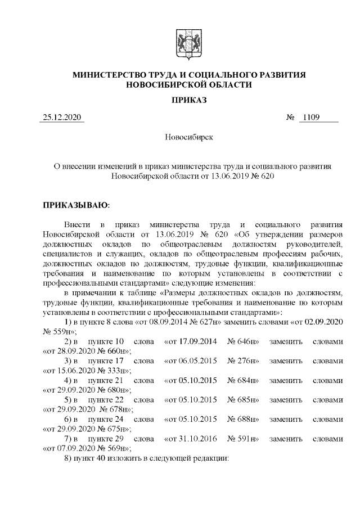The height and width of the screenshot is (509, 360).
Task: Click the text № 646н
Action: (x=242, y=341)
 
